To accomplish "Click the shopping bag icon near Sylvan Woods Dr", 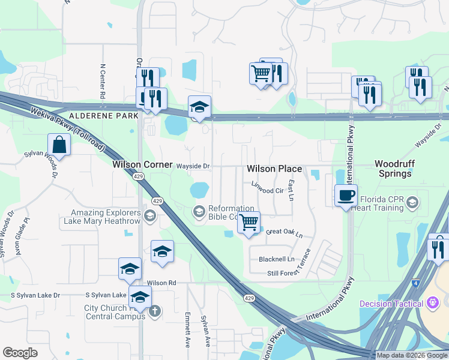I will pos(59,145).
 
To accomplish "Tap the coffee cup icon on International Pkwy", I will pos(346,196).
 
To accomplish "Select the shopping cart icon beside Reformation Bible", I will pos(248,223).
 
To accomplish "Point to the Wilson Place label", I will pos(274,169).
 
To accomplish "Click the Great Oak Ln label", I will pos(285,233).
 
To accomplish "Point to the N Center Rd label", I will pos(103,82).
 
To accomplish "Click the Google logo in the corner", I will pos(20,353).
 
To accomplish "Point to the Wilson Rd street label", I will pos(161,283).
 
